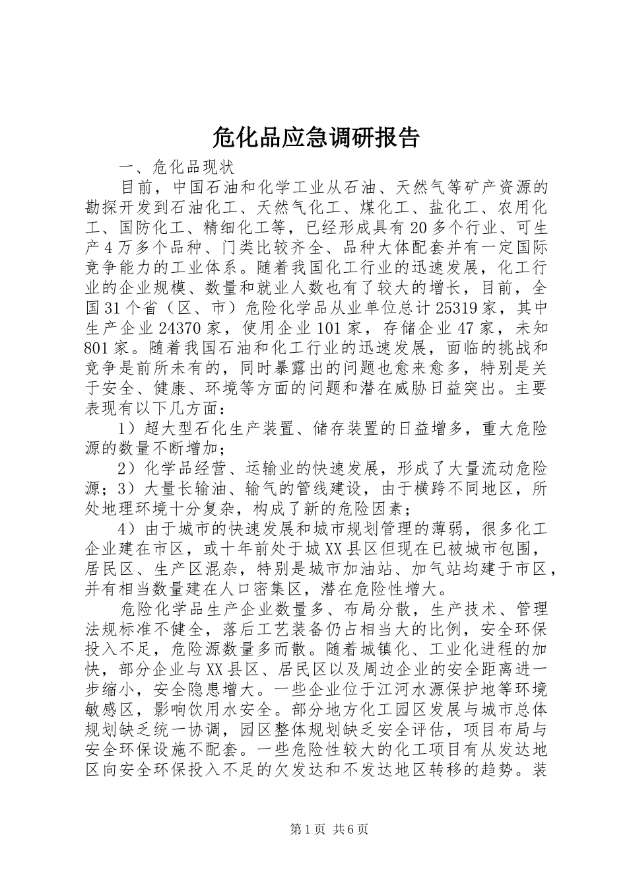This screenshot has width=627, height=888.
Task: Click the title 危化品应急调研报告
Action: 316,137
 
